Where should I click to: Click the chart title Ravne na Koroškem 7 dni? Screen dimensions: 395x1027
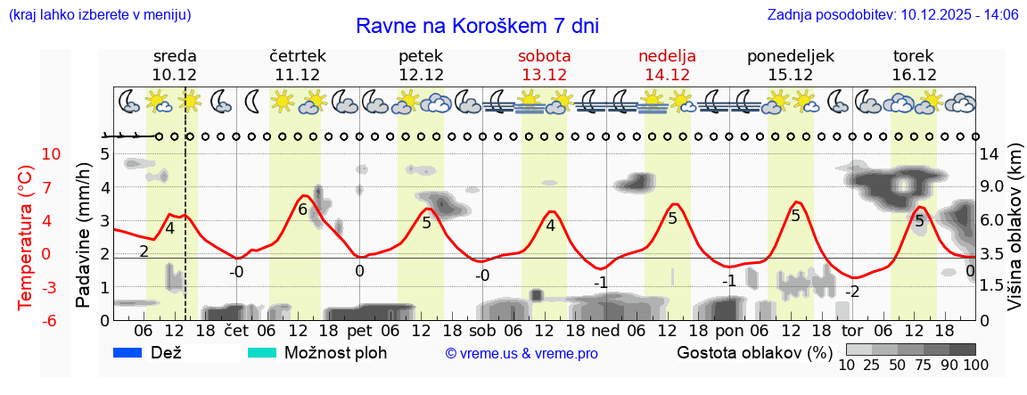(477, 26)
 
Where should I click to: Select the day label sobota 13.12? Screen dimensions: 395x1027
(544, 65)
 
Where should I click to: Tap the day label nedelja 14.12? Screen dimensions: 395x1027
(667, 65)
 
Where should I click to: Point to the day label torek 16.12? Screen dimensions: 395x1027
(914, 65)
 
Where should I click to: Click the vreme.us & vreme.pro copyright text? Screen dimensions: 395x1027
(522, 354)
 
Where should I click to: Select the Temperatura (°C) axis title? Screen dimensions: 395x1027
(25, 236)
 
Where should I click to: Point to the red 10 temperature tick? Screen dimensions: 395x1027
(52, 154)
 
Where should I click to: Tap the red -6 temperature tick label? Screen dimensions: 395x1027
(52, 320)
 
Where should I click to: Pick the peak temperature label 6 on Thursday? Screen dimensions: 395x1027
(303, 210)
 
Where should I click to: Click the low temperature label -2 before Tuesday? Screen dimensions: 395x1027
(852, 292)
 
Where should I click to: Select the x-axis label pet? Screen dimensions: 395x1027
(359, 331)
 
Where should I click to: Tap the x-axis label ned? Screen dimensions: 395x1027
(605, 331)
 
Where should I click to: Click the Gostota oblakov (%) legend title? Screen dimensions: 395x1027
(753, 352)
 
